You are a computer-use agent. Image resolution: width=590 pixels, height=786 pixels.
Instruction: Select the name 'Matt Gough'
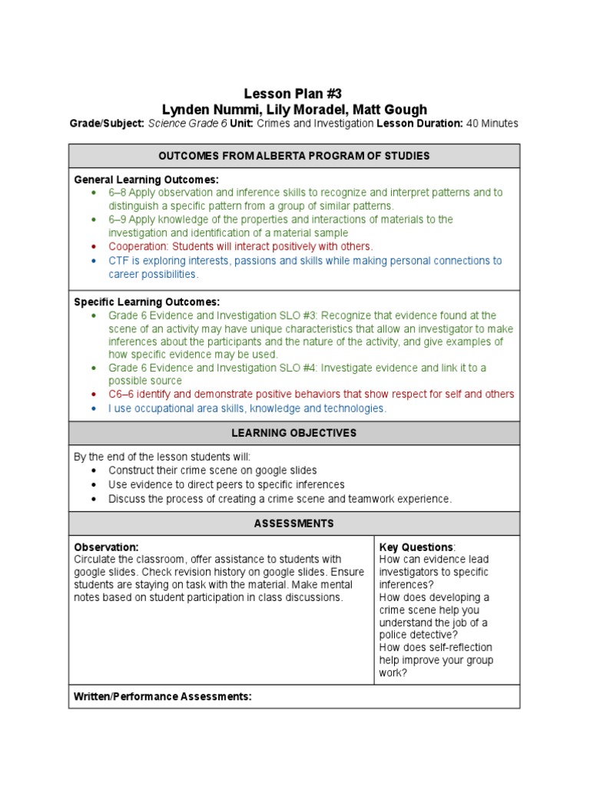(391, 109)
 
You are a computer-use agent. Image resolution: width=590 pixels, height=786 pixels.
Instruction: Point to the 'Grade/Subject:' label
(107, 124)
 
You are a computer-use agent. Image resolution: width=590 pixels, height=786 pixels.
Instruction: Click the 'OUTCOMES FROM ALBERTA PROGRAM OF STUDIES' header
(294, 156)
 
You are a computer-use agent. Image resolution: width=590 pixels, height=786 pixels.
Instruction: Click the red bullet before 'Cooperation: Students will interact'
(94, 246)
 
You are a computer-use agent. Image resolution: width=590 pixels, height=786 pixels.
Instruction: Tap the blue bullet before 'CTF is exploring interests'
(94, 261)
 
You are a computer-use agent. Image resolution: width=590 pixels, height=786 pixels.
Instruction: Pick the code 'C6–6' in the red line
(122, 395)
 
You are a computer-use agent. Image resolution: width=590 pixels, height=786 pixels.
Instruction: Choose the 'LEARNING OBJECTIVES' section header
(294, 433)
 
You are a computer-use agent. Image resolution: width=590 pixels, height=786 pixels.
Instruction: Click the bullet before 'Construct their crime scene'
(94, 470)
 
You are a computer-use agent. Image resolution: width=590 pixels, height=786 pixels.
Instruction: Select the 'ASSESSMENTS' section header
(294, 523)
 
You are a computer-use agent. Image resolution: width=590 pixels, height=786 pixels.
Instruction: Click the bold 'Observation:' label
(106, 547)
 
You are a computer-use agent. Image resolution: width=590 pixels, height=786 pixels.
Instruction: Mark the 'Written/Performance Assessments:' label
(163, 696)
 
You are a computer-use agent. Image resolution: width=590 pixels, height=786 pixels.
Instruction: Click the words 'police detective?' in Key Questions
(418, 635)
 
